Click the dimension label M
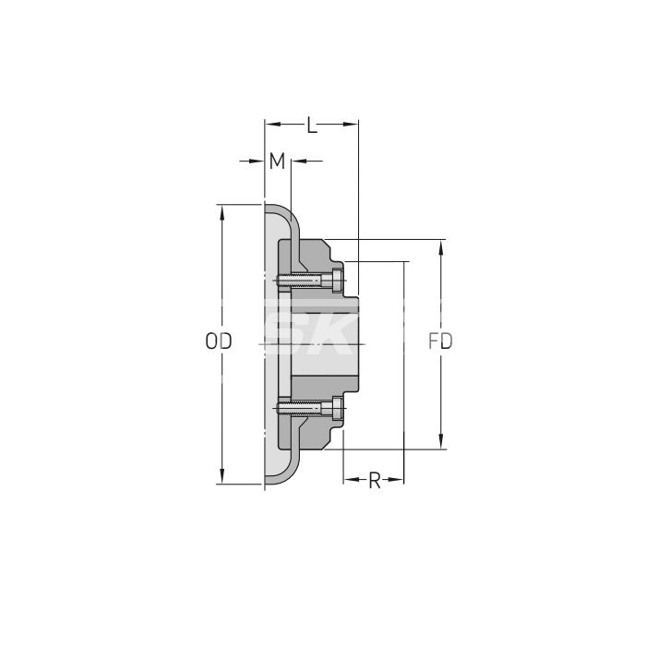coord(277,161)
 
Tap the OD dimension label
coord(219,341)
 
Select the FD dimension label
coord(440,341)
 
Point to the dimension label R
coord(374,481)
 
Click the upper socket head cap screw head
coord(337,281)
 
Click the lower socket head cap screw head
coord(337,408)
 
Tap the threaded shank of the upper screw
coord(300,281)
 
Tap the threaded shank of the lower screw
coord(300,408)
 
